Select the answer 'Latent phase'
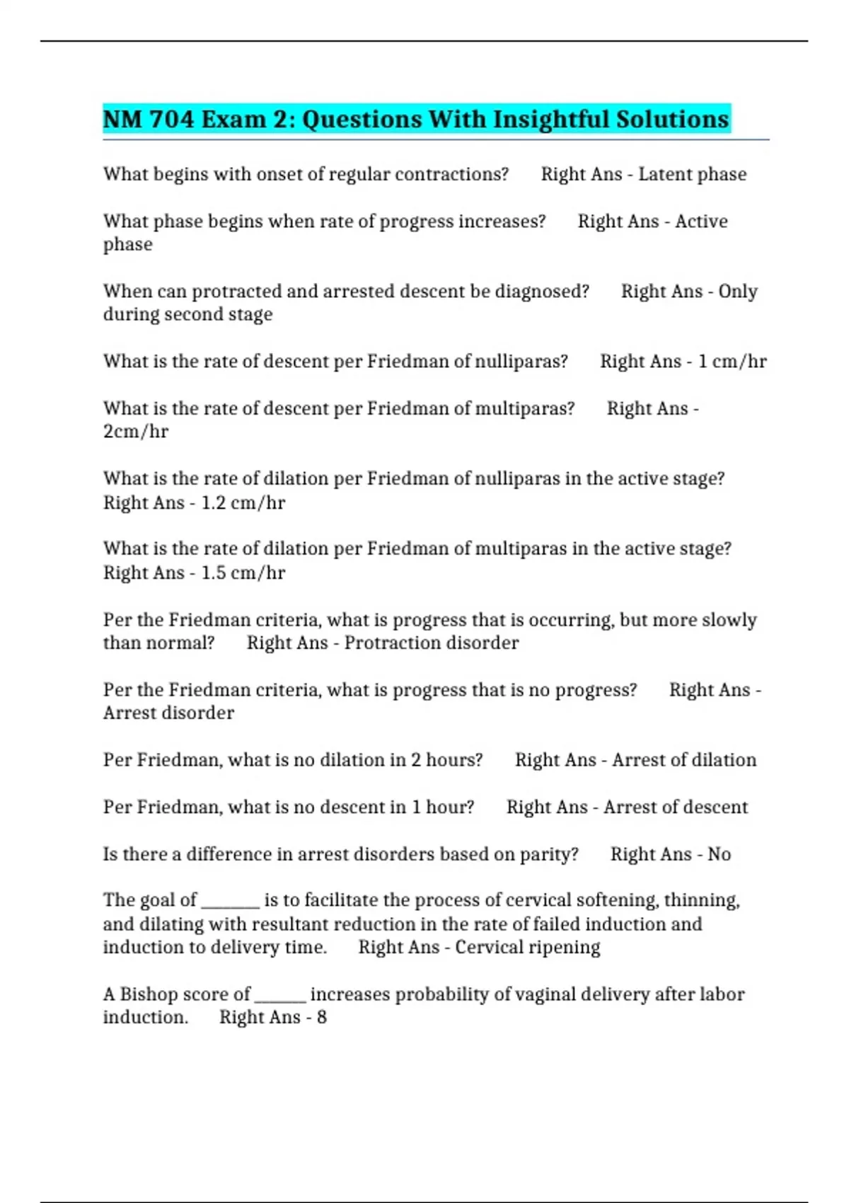(692, 174)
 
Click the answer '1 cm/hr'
(732, 362)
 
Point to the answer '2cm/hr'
(136, 431)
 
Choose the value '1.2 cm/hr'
(243, 502)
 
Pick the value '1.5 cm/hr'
(243, 572)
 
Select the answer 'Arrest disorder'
(168, 713)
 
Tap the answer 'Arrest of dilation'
(683, 760)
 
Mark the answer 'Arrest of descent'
(675, 807)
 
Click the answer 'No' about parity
(719, 854)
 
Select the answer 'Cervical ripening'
(527, 947)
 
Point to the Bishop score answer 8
(322, 1017)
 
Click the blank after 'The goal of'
(231, 902)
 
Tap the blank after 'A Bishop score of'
(280, 996)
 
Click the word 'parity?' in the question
(549, 854)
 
